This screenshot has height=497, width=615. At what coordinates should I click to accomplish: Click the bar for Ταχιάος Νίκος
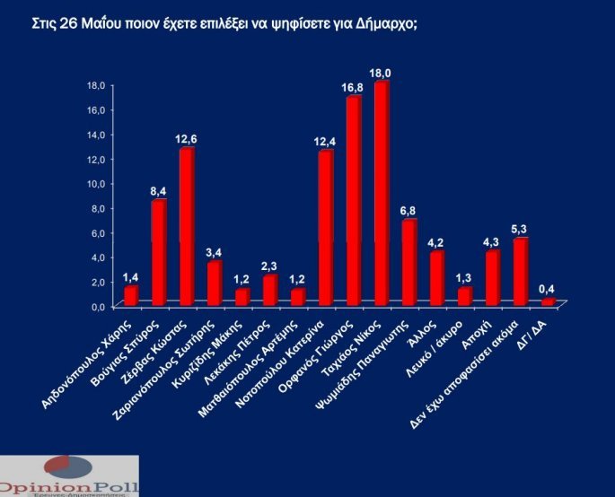point(381,193)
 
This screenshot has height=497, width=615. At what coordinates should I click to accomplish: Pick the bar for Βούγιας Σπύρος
point(158,252)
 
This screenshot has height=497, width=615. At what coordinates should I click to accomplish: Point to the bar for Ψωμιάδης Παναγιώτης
point(409,262)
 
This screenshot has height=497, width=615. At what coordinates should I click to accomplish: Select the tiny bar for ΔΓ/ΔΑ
point(548,302)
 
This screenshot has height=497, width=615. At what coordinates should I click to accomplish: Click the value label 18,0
point(382,72)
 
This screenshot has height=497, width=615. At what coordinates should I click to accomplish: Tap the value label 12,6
point(186,138)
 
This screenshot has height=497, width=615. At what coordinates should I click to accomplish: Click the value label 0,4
point(548,289)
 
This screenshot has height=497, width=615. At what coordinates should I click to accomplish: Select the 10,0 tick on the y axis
point(95,183)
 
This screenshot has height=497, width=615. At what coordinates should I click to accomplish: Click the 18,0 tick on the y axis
point(95,84)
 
